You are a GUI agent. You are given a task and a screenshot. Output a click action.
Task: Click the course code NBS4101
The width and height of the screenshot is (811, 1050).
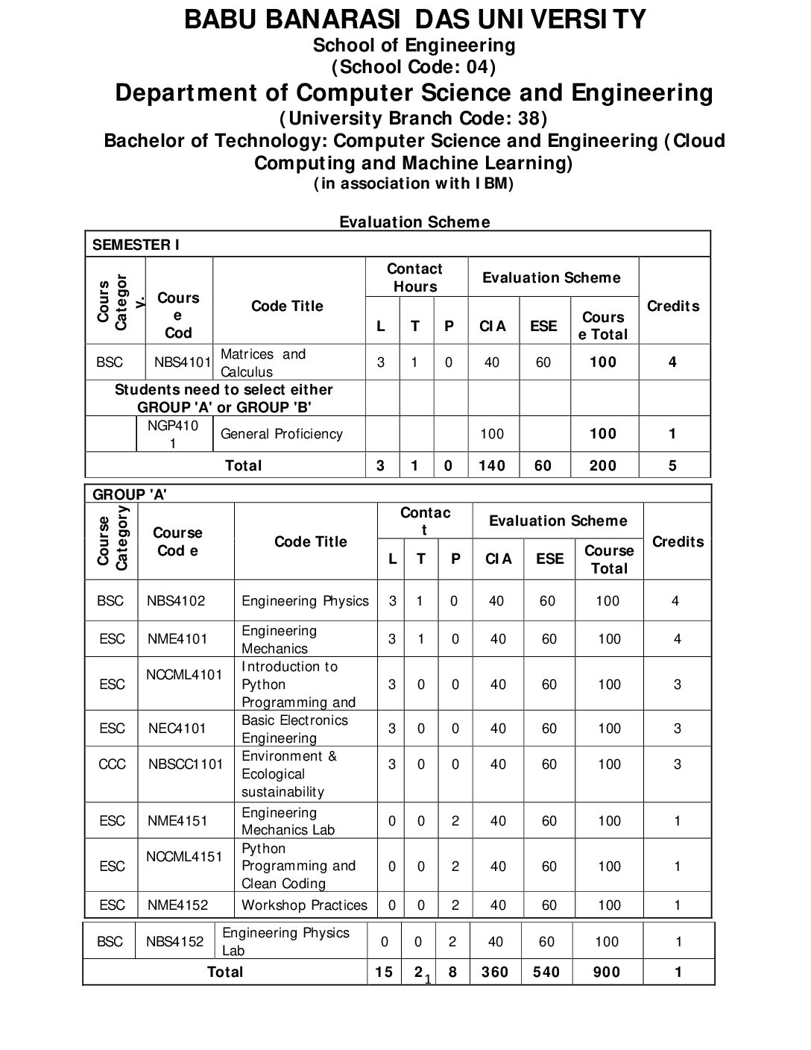point(183,363)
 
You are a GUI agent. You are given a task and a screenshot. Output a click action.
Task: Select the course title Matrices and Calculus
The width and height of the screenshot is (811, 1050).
point(263,363)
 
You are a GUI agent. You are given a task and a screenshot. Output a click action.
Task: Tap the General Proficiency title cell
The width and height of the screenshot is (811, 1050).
point(282,434)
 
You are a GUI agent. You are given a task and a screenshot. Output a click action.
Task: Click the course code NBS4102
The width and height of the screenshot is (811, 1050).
point(176,601)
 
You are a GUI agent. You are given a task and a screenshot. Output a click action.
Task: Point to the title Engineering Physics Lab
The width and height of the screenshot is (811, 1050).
point(285,942)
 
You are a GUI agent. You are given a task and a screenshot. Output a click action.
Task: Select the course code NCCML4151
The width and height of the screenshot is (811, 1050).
point(184,857)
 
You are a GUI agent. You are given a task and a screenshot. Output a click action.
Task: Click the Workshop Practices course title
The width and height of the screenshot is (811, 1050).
point(304,905)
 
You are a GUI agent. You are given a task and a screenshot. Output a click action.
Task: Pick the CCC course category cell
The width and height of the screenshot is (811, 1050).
point(112,764)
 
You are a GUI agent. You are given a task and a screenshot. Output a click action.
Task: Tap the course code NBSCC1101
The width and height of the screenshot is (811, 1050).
point(185,764)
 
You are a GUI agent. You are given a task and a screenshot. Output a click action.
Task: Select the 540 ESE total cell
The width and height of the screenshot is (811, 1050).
point(546,972)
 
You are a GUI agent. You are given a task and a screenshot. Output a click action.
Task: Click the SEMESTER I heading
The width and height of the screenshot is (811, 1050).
point(135,245)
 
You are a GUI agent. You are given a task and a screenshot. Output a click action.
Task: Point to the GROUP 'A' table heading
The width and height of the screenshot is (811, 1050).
point(129,494)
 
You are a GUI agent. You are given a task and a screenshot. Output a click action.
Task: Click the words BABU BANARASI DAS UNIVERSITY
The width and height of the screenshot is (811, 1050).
point(415,19)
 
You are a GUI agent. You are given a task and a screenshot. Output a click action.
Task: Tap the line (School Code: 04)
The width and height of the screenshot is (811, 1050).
point(414,67)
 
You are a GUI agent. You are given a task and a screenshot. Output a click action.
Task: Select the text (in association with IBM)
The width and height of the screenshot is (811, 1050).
point(414,183)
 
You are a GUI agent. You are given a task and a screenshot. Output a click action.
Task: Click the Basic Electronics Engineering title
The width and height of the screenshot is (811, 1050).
point(294,729)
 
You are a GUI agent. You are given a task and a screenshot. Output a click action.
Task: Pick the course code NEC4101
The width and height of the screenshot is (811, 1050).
point(177,729)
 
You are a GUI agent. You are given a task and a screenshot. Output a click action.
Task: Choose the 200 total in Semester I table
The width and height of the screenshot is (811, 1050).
point(602,466)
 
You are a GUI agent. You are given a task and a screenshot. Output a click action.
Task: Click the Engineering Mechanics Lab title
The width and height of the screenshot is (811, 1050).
point(288,821)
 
